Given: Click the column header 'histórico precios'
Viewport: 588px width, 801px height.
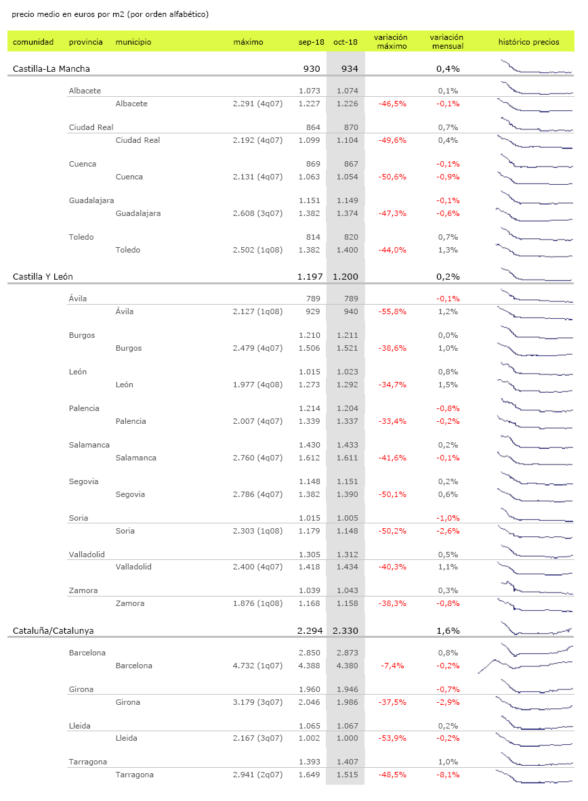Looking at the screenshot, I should (528, 42).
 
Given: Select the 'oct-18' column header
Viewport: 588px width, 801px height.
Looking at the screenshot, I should (345, 42).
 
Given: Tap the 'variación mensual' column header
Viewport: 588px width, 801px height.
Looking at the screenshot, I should (447, 42).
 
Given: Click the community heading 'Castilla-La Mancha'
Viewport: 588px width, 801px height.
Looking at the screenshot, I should (51, 68).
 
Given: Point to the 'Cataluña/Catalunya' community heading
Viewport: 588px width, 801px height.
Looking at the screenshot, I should (54, 630).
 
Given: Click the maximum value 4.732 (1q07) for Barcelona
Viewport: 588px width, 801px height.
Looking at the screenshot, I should (257, 666).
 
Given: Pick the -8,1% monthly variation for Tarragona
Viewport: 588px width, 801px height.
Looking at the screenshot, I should (448, 775).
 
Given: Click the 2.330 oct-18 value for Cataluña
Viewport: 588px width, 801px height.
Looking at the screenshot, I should (345, 630).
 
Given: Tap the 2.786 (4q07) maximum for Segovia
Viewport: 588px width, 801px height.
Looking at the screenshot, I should (257, 494).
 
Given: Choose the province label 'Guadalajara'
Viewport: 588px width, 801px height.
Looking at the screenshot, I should (91, 200).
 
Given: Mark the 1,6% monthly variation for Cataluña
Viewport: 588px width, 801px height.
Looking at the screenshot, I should (448, 630).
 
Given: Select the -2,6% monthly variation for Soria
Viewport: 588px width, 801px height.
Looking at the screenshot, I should (448, 531).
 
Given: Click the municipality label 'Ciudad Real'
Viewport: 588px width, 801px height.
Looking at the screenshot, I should (138, 140).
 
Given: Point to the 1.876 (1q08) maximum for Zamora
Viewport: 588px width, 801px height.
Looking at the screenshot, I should (257, 603).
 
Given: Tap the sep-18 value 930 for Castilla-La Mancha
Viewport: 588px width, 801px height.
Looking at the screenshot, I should (312, 68).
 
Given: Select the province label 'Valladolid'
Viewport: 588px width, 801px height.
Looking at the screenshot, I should (87, 555).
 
